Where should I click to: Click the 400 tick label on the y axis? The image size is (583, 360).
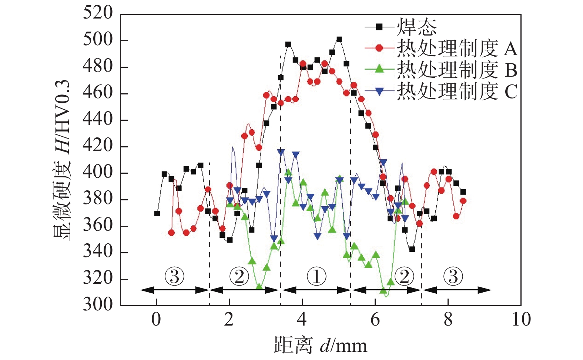97,173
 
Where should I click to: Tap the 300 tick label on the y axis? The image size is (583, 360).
97,304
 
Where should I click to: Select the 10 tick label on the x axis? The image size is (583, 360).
521,320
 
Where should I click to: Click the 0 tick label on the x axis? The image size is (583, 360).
156,320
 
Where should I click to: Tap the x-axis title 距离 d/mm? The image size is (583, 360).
321,345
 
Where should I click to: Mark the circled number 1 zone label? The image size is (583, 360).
316,276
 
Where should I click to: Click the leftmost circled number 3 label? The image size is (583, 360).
174,276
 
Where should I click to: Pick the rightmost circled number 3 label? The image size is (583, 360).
453,276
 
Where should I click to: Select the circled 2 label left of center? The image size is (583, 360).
239,276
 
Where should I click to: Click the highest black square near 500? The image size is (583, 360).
339,39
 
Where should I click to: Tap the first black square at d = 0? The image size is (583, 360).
157,213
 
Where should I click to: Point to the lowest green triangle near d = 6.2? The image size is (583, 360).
383,291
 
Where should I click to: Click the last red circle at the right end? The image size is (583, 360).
463,201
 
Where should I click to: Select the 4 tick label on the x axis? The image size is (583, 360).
302,320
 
